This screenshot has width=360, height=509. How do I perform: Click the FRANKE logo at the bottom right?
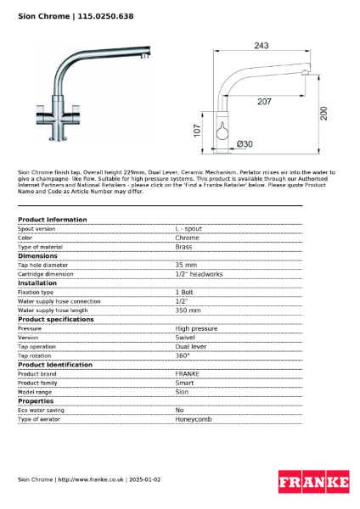[x=313, y=483]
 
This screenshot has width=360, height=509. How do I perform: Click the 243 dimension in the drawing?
[x=261, y=46]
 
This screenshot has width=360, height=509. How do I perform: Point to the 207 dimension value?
[x=265, y=102]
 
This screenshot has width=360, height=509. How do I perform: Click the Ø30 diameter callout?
[x=244, y=144]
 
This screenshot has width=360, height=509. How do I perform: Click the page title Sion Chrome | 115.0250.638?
[x=76, y=16]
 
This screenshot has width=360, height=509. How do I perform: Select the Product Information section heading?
[x=53, y=220]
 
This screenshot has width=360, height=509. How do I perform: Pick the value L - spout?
[x=189, y=229]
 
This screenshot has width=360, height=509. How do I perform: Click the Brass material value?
[x=183, y=247]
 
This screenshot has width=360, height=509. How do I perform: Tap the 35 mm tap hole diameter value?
[x=186, y=265]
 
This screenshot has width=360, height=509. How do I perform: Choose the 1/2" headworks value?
[x=199, y=274]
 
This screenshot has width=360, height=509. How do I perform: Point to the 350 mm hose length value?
[x=188, y=310]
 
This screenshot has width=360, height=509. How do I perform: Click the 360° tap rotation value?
[x=183, y=355]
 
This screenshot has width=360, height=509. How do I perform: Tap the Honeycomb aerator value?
[x=194, y=419]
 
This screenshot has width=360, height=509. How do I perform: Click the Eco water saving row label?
[x=42, y=410]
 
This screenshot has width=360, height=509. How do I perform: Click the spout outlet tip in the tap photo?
[x=145, y=58]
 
